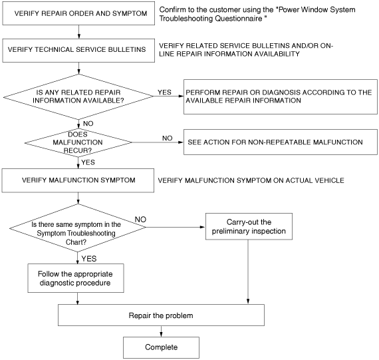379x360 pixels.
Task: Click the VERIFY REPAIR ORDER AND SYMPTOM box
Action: [78, 13]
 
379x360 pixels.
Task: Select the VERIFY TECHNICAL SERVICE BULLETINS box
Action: [78, 51]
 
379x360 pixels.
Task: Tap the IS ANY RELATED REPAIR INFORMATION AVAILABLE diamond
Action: [78, 96]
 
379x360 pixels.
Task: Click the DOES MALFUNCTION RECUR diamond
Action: [78, 143]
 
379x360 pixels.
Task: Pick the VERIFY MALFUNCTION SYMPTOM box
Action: [78, 180]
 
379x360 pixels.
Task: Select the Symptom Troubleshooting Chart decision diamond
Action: [78, 228]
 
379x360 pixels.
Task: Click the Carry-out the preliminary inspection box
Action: [249, 226]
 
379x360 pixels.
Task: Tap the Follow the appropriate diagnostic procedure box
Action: [76, 278]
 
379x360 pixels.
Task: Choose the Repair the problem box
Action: [161, 315]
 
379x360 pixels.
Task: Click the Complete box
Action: [161, 347]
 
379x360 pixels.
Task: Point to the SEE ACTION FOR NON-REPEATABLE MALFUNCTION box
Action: [281, 142]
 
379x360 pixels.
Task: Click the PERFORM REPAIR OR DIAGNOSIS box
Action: [281, 96]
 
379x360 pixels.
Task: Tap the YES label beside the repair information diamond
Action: [165, 92]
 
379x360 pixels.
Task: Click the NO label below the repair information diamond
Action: [88, 124]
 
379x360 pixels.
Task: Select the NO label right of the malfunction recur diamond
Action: [168, 138]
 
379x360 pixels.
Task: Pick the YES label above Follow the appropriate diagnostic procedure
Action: [89, 259]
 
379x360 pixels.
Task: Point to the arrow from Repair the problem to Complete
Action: [161, 331]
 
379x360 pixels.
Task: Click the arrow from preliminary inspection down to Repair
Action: [248, 272]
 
